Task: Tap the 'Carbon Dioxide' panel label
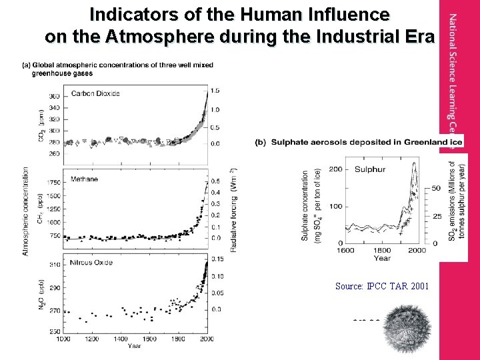[x=95, y=93]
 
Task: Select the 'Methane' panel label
[x=84, y=179]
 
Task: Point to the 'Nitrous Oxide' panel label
[x=93, y=262]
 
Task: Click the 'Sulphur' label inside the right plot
[x=369, y=169]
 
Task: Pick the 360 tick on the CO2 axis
[x=53, y=97]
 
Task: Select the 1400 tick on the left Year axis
[x=121, y=339]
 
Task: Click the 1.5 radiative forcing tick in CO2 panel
[x=215, y=91]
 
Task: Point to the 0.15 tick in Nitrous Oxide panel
[x=217, y=259]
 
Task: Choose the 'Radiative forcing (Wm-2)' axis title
[x=233, y=209]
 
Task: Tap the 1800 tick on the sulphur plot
[x=381, y=250]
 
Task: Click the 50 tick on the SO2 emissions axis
[x=436, y=189]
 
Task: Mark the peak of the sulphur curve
[x=415, y=165]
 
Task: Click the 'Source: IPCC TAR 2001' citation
[x=382, y=286]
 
